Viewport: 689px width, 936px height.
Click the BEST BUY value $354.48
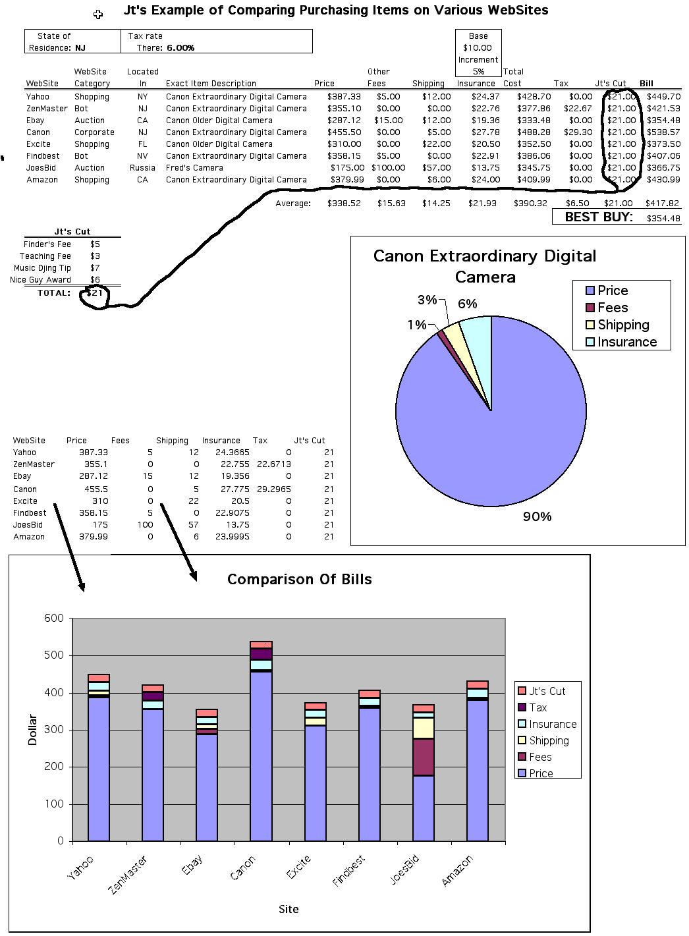663,218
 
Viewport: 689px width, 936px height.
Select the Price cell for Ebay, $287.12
344,121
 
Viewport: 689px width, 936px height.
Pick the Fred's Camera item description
194,168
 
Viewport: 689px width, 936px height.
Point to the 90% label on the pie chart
537,517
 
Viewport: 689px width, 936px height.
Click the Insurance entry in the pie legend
626,342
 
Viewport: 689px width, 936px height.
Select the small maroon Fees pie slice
442,335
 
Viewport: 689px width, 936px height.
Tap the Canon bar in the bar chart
261,738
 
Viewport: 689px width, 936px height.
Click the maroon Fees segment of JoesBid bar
424,757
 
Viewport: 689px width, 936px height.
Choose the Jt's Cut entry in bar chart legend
547,691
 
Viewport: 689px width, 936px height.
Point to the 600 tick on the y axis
55,619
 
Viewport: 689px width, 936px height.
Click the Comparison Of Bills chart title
300,580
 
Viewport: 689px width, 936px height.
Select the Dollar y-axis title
33,730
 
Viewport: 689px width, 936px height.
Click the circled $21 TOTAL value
96,293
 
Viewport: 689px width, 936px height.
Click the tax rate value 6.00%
180,48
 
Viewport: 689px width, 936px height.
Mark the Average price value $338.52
344,204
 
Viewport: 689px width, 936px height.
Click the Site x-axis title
289,909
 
